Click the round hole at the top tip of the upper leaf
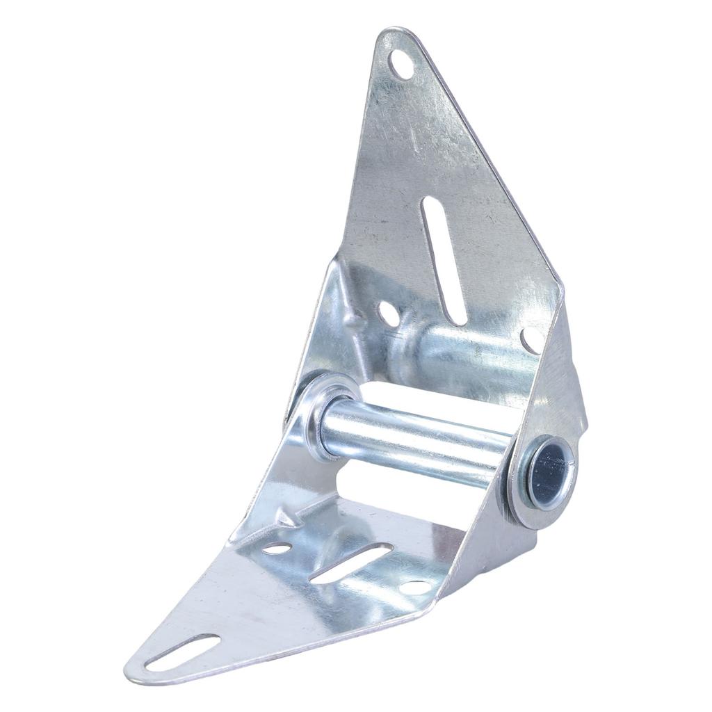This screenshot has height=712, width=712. coord(401,65)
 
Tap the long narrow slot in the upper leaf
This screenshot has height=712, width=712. coord(445,260)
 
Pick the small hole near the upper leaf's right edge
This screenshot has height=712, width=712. coord(531,339)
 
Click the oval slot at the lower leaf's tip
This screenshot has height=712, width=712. coord(182,652)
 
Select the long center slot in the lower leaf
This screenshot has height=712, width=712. coord(351,563)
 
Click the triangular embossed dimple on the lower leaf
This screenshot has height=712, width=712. coord(287,516)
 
